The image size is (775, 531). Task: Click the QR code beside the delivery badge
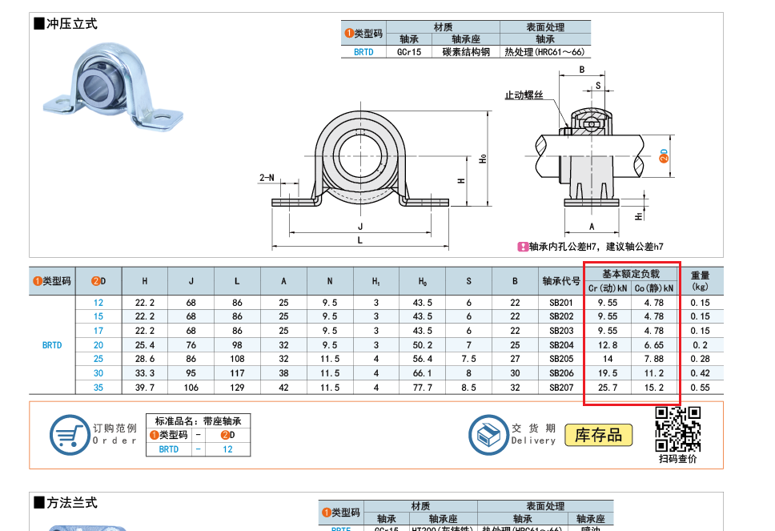click(677, 428)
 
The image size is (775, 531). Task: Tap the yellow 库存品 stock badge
click(599, 435)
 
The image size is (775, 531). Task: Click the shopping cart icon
click(70, 435)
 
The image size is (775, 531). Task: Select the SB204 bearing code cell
click(561, 345)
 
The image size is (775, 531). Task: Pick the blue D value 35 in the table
click(98, 388)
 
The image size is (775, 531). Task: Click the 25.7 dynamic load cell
click(608, 388)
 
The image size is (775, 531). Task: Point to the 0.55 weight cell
click(700, 388)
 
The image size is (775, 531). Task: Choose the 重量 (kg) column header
click(700, 281)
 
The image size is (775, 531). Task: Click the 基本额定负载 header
click(631, 274)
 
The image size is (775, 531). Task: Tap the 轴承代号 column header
click(561, 281)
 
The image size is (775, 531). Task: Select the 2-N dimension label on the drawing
click(267, 178)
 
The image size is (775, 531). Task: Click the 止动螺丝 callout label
click(524, 95)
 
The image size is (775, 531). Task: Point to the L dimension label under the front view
click(359, 240)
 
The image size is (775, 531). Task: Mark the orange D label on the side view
click(663, 155)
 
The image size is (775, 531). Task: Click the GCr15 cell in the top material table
click(409, 52)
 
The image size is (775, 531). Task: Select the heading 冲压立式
click(66, 24)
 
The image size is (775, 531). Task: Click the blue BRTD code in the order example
click(169, 449)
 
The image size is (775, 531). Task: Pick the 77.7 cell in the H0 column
click(422, 388)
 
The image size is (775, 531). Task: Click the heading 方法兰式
click(66, 503)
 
